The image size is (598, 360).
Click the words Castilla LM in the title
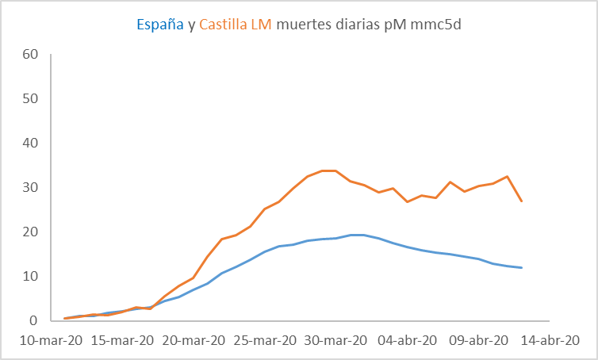(236, 25)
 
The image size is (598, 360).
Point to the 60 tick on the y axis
(31, 55)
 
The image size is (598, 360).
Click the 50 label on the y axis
(31, 99)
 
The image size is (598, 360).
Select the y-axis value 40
(31, 144)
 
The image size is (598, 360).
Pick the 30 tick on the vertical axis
(31, 188)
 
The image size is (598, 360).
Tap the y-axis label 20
(31, 232)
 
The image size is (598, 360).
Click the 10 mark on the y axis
(31, 277)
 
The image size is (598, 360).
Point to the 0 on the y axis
(35, 321)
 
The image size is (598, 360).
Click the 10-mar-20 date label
(48, 340)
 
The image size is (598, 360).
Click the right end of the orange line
(521, 201)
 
